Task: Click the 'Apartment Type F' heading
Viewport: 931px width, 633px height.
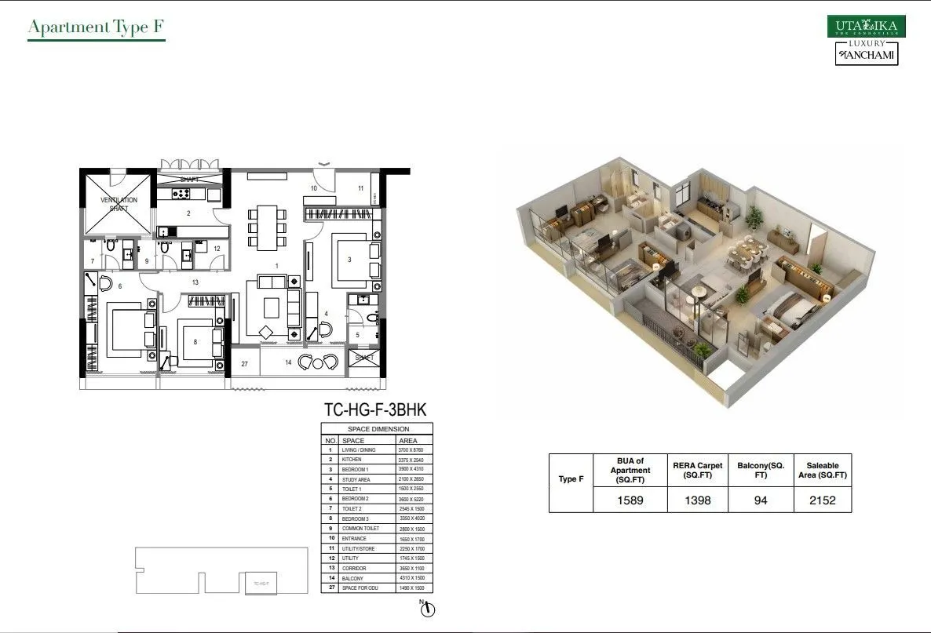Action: click(96, 28)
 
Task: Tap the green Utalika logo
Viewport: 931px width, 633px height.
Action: click(866, 27)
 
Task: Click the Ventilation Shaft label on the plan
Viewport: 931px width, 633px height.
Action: click(119, 204)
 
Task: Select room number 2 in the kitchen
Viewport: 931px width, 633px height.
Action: click(188, 213)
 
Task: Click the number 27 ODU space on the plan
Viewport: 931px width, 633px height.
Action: click(245, 364)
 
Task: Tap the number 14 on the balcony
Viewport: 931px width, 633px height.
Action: click(288, 362)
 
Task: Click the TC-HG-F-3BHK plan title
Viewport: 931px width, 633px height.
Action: click(375, 409)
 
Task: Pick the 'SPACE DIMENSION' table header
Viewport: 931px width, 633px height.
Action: click(378, 430)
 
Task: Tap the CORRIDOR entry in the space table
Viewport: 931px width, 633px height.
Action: click(354, 569)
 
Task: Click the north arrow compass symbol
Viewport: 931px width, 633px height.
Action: click(427, 609)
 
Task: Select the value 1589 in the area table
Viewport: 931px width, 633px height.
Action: click(630, 500)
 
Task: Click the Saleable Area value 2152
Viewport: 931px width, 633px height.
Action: click(822, 500)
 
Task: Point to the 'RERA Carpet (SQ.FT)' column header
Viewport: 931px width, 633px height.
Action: click(697, 470)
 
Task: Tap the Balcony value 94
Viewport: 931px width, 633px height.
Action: click(760, 500)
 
